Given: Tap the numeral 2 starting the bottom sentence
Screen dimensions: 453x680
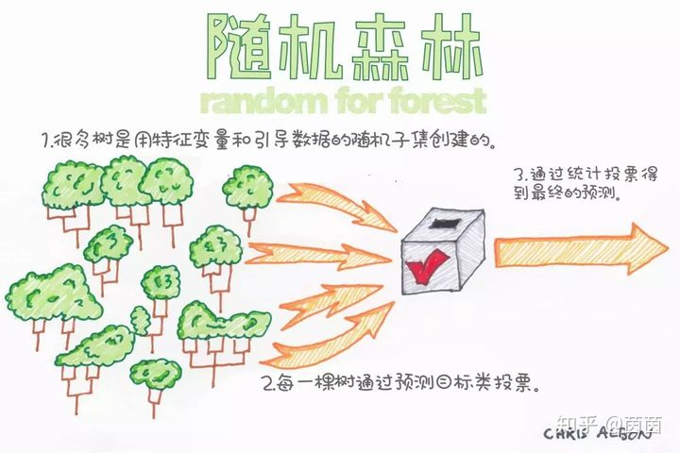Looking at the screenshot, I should [x=270, y=386].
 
